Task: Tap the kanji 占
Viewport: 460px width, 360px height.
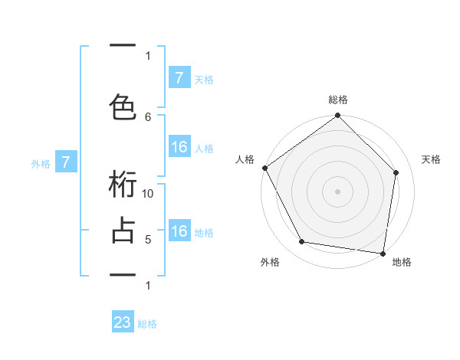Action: (123, 230)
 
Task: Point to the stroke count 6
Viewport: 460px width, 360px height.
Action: (149, 116)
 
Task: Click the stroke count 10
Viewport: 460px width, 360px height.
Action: (149, 194)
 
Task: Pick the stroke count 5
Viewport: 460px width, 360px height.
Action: (149, 240)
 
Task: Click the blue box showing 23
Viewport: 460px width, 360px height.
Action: (123, 322)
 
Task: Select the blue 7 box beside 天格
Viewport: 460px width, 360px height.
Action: (179, 78)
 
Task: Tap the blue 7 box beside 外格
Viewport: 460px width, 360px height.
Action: (66, 162)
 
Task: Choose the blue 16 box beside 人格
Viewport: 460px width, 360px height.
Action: (179, 147)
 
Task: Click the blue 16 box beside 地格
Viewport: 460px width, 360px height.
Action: (179, 231)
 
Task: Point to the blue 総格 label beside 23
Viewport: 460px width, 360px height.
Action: (147, 324)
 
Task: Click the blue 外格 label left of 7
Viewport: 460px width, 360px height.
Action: (41, 163)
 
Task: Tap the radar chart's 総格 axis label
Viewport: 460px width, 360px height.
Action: (338, 100)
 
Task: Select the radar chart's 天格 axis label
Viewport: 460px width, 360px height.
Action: (431, 159)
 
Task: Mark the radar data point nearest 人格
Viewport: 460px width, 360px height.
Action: (264, 168)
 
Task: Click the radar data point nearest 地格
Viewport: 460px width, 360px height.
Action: (383, 253)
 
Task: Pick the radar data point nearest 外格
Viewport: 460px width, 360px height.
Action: (302, 242)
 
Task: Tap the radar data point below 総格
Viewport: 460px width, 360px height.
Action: (338, 116)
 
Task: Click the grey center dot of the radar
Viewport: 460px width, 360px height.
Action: (338, 191)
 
